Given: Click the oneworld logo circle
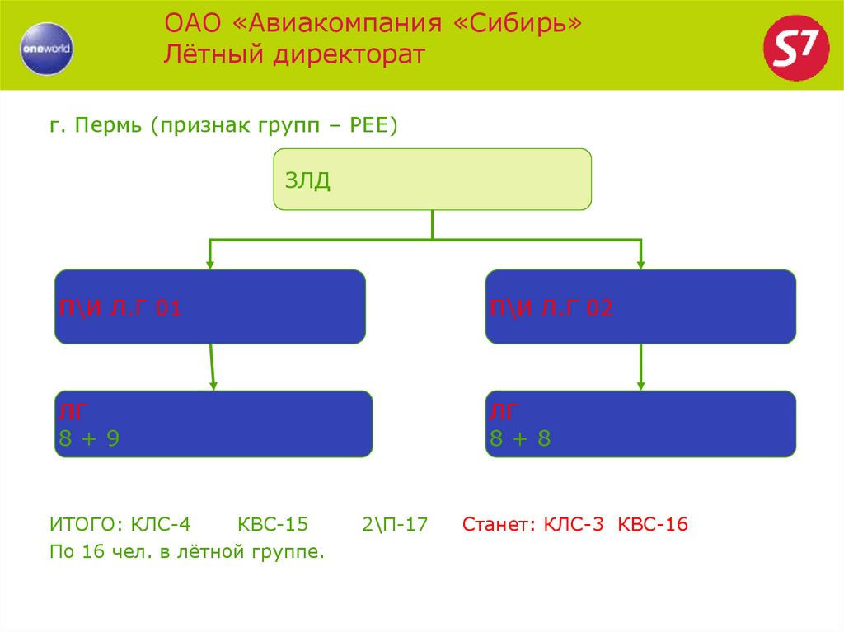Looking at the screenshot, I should point(46,48).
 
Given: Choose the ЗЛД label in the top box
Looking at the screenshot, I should point(307,181).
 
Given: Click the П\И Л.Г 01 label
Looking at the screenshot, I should point(119,309).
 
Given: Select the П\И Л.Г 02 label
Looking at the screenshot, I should point(551,309).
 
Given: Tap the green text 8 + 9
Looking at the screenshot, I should point(89,439).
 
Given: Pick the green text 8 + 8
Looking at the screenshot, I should point(520,439).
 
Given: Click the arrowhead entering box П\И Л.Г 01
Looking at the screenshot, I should point(210,265).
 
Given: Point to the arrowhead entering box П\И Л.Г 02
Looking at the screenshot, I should point(641,265).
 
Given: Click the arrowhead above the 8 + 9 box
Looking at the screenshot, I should point(213,385).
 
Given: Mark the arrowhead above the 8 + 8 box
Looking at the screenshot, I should point(641,385).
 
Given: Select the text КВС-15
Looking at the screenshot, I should point(273,525).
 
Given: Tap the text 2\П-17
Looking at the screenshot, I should point(394,525).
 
